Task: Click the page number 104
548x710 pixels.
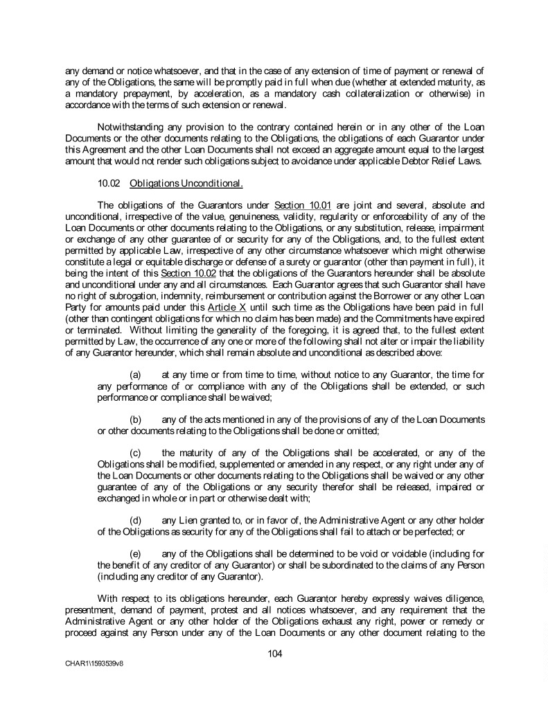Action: [274, 652]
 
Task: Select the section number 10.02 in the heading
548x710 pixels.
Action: [109, 184]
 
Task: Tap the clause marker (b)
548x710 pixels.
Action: [137, 419]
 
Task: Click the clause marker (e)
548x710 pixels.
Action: [137, 554]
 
